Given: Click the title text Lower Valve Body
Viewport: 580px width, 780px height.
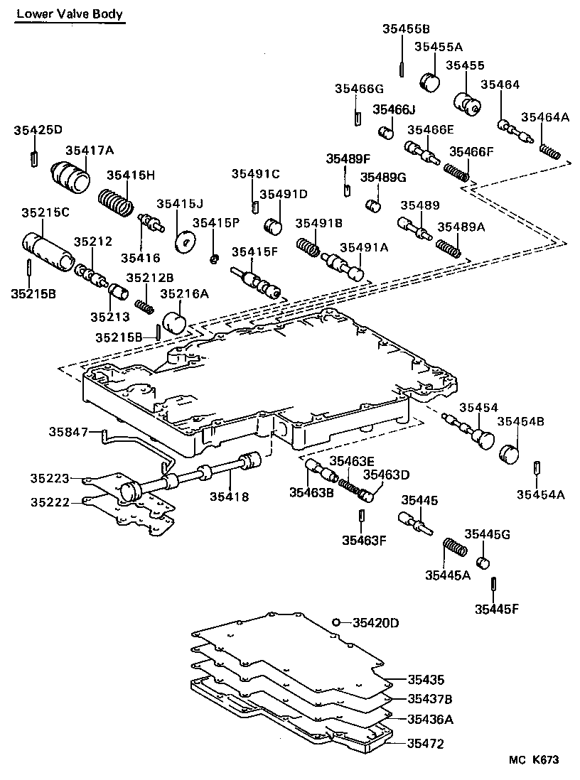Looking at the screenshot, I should coord(69,13).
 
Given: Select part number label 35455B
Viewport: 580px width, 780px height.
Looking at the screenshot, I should coord(406,29).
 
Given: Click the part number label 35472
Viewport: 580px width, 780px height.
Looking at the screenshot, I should coord(424,744).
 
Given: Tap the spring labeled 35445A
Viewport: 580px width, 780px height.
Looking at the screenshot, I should coord(453,551).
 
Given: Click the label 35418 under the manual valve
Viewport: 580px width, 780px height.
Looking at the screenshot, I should coord(229,497).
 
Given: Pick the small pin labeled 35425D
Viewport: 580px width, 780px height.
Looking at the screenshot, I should coord(33,158).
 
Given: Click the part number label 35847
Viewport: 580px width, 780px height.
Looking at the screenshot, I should coord(68,431).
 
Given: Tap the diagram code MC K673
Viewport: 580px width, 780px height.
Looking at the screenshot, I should coord(533,760).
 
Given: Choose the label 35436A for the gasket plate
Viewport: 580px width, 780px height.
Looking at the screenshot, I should coord(430,719).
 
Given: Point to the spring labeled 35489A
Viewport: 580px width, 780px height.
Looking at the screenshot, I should coord(449,248).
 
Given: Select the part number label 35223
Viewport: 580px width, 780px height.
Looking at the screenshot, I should coord(49,478).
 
